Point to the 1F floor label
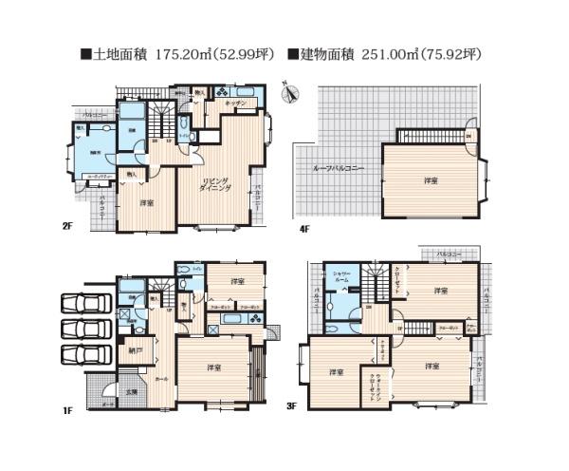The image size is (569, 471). pyautogui.click(x=68, y=410)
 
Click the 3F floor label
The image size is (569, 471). pyautogui.click(x=293, y=405)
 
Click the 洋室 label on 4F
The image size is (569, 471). pyautogui.click(x=417, y=180)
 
